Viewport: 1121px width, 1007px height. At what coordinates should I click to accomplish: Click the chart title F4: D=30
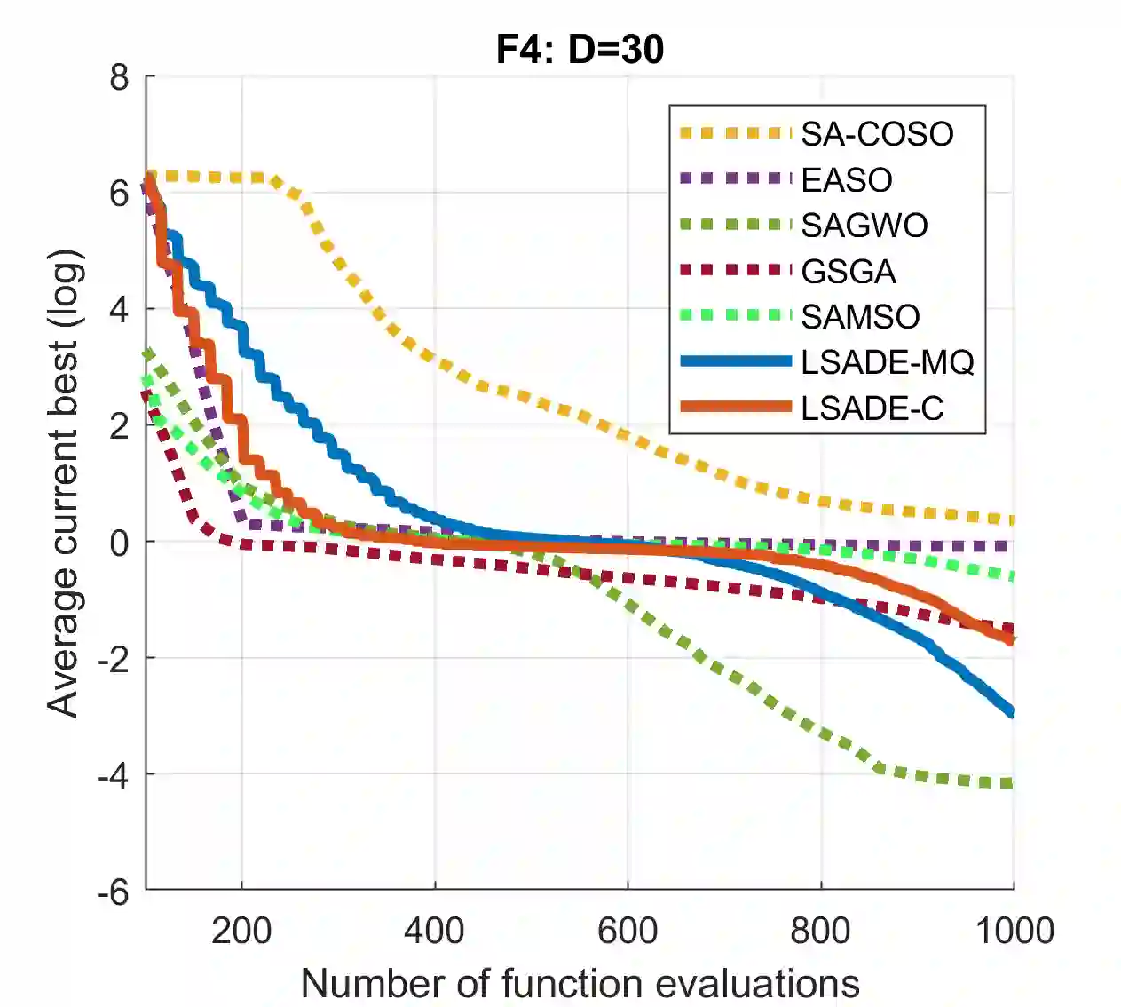coord(580,49)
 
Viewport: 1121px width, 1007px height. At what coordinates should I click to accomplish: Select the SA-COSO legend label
coord(877,134)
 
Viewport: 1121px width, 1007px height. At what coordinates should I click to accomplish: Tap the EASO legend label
coord(846,179)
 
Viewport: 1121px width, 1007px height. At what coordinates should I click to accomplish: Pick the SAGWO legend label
coord(864,226)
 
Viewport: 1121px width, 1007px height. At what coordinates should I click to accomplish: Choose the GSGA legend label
coord(848,271)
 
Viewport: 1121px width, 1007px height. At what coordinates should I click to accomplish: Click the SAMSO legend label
coord(860,316)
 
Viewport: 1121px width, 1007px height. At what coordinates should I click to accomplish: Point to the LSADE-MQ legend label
coord(887,362)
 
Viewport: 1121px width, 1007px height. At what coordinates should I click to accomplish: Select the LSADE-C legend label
coord(872,408)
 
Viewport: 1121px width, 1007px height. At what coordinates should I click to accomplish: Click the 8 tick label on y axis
coord(120,78)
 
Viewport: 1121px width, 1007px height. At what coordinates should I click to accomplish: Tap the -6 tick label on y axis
coord(113,892)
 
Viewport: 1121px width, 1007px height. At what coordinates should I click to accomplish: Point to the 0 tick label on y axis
coord(120,543)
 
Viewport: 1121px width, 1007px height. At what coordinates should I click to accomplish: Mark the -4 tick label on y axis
coord(113,776)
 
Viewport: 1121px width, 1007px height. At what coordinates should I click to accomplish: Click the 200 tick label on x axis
coord(241,932)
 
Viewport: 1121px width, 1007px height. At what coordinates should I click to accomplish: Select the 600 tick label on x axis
coord(628,932)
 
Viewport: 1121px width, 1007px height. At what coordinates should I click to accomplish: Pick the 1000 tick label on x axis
coord(1014,932)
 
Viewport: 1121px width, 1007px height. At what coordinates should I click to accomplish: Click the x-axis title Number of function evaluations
coord(580,984)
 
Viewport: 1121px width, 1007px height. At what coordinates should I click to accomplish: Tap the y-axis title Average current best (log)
coord(64,484)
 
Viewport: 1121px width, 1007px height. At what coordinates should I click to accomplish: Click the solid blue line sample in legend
coord(735,361)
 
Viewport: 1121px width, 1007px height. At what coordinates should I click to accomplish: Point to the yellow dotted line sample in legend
coord(735,133)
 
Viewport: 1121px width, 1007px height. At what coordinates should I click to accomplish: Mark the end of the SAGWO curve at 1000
coord(1012,783)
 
